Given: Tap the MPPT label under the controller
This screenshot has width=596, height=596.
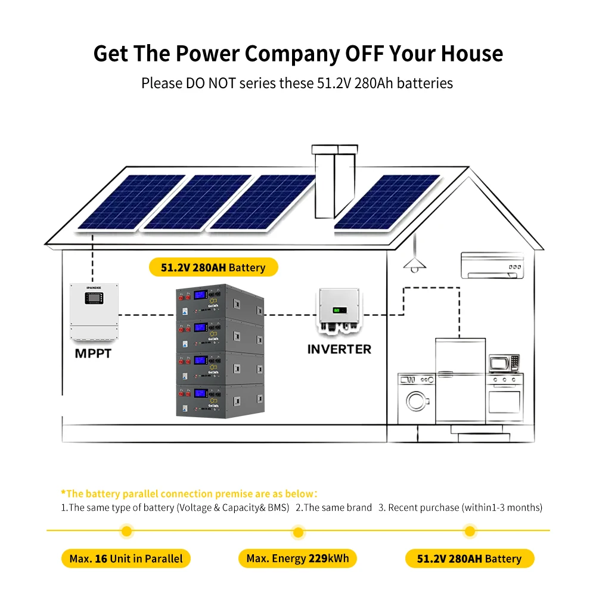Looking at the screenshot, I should pyautogui.click(x=93, y=353).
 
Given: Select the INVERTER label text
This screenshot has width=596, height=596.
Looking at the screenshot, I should pyautogui.click(x=339, y=349).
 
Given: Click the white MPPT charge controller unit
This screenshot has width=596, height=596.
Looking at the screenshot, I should pyautogui.click(x=94, y=311).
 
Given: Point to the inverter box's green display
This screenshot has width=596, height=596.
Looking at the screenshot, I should pyautogui.click(x=340, y=310).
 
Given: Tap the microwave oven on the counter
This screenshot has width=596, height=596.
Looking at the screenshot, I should pyautogui.click(x=504, y=363).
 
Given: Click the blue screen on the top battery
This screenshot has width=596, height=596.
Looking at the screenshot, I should pyautogui.click(x=200, y=295).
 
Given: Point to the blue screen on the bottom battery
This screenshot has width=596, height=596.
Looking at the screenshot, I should pyautogui.click(x=200, y=393).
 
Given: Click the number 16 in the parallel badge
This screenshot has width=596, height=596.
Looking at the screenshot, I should pyautogui.click(x=101, y=559).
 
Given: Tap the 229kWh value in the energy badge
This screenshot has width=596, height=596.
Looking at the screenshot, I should pyautogui.click(x=328, y=558).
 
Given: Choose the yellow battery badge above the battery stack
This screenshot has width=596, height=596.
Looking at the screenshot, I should pyautogui.click(x=213, y=267).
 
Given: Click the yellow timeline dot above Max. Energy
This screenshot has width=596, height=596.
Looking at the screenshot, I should pyautogui.click(x=298, y=532).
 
